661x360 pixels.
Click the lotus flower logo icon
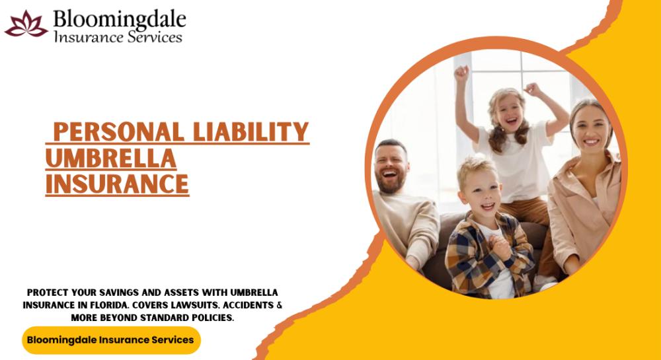26,24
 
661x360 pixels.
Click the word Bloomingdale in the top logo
120,19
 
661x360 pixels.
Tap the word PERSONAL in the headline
119,131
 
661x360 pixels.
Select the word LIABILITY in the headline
251,131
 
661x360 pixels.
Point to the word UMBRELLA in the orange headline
111,158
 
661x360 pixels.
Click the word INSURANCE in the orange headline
117,184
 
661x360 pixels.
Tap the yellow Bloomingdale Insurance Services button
111,340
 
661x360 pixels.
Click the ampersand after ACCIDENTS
279,305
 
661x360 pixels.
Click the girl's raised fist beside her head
533,89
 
